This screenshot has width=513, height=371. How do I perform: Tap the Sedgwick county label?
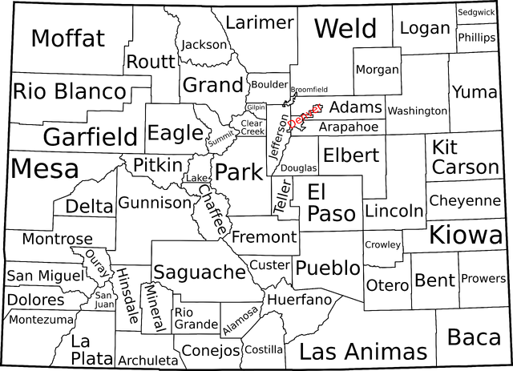[x=476, y=13]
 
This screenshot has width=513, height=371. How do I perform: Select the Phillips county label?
[x=477, y=38]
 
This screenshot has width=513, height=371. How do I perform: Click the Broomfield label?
[x=309, y=89]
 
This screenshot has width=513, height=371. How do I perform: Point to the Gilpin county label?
[x=256, y=107]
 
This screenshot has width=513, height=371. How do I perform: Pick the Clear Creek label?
[x=251, y=127]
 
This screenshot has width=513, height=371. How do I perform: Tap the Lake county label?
[x=196, y=177]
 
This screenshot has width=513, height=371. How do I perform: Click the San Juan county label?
[x=105, y=299]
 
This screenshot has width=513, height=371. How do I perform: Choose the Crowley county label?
[x=382, y=244]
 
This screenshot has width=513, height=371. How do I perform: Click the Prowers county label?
[x=483, y=279]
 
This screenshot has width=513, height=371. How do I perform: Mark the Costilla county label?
[x=264, y=349]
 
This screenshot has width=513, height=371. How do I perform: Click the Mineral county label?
[x=156, y=307]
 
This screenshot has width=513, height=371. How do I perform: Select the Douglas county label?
[x=298, y=168]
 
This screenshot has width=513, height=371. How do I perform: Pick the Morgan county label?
[x=377, y=70]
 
